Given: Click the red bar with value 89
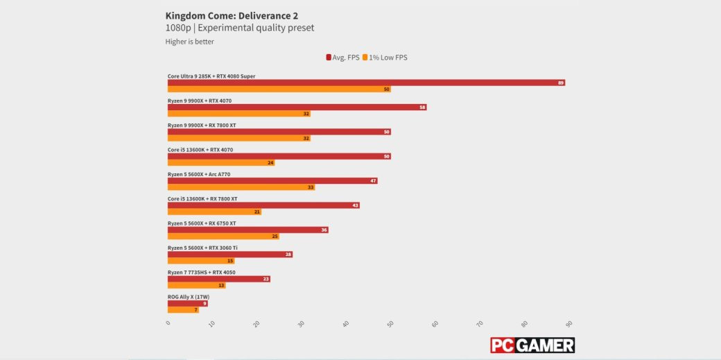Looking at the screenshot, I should (366, 83).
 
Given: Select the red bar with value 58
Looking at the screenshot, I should (297, 108).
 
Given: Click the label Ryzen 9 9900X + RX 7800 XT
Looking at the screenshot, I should (202, 126).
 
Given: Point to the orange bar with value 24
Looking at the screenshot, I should (221, 163).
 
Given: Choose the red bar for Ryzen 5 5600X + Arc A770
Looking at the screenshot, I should (272, 181).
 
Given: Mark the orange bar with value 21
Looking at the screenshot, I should (214, 212).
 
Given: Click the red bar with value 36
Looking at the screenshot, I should (247, 230).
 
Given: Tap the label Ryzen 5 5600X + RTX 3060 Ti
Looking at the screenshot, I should (202, 248).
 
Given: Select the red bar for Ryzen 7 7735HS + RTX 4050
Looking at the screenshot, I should (218, 279).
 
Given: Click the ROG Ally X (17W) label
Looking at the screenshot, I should (188, 297).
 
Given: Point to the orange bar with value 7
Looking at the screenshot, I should (183, 310).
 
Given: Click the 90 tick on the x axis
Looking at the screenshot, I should (568, 323).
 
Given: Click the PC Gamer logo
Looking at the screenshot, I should (532, 345).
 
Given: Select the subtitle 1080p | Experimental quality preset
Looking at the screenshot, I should (239, 28).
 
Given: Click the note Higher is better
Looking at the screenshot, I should (189, 42).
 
